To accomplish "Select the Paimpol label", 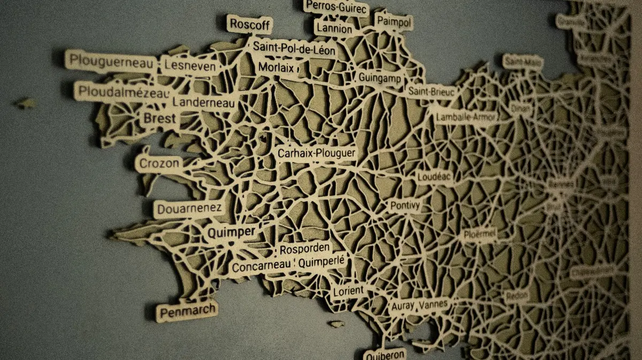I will click(x=394, y=22).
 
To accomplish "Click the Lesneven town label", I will click(x=190, y=66).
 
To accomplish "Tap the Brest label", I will click(x=160, y=118).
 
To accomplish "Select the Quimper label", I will click(x=231, y=232).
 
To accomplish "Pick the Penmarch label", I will click(x=188, y=310).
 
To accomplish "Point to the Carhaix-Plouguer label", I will click(x=316, y=154).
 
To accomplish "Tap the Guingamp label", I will click(x=380, y=78).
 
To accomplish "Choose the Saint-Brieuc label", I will click(x=432, y=92).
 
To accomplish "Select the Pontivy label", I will click(x=405, y=205).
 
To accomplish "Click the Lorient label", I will click(x=348, y=291).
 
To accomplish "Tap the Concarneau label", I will click(x=262, y=266).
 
